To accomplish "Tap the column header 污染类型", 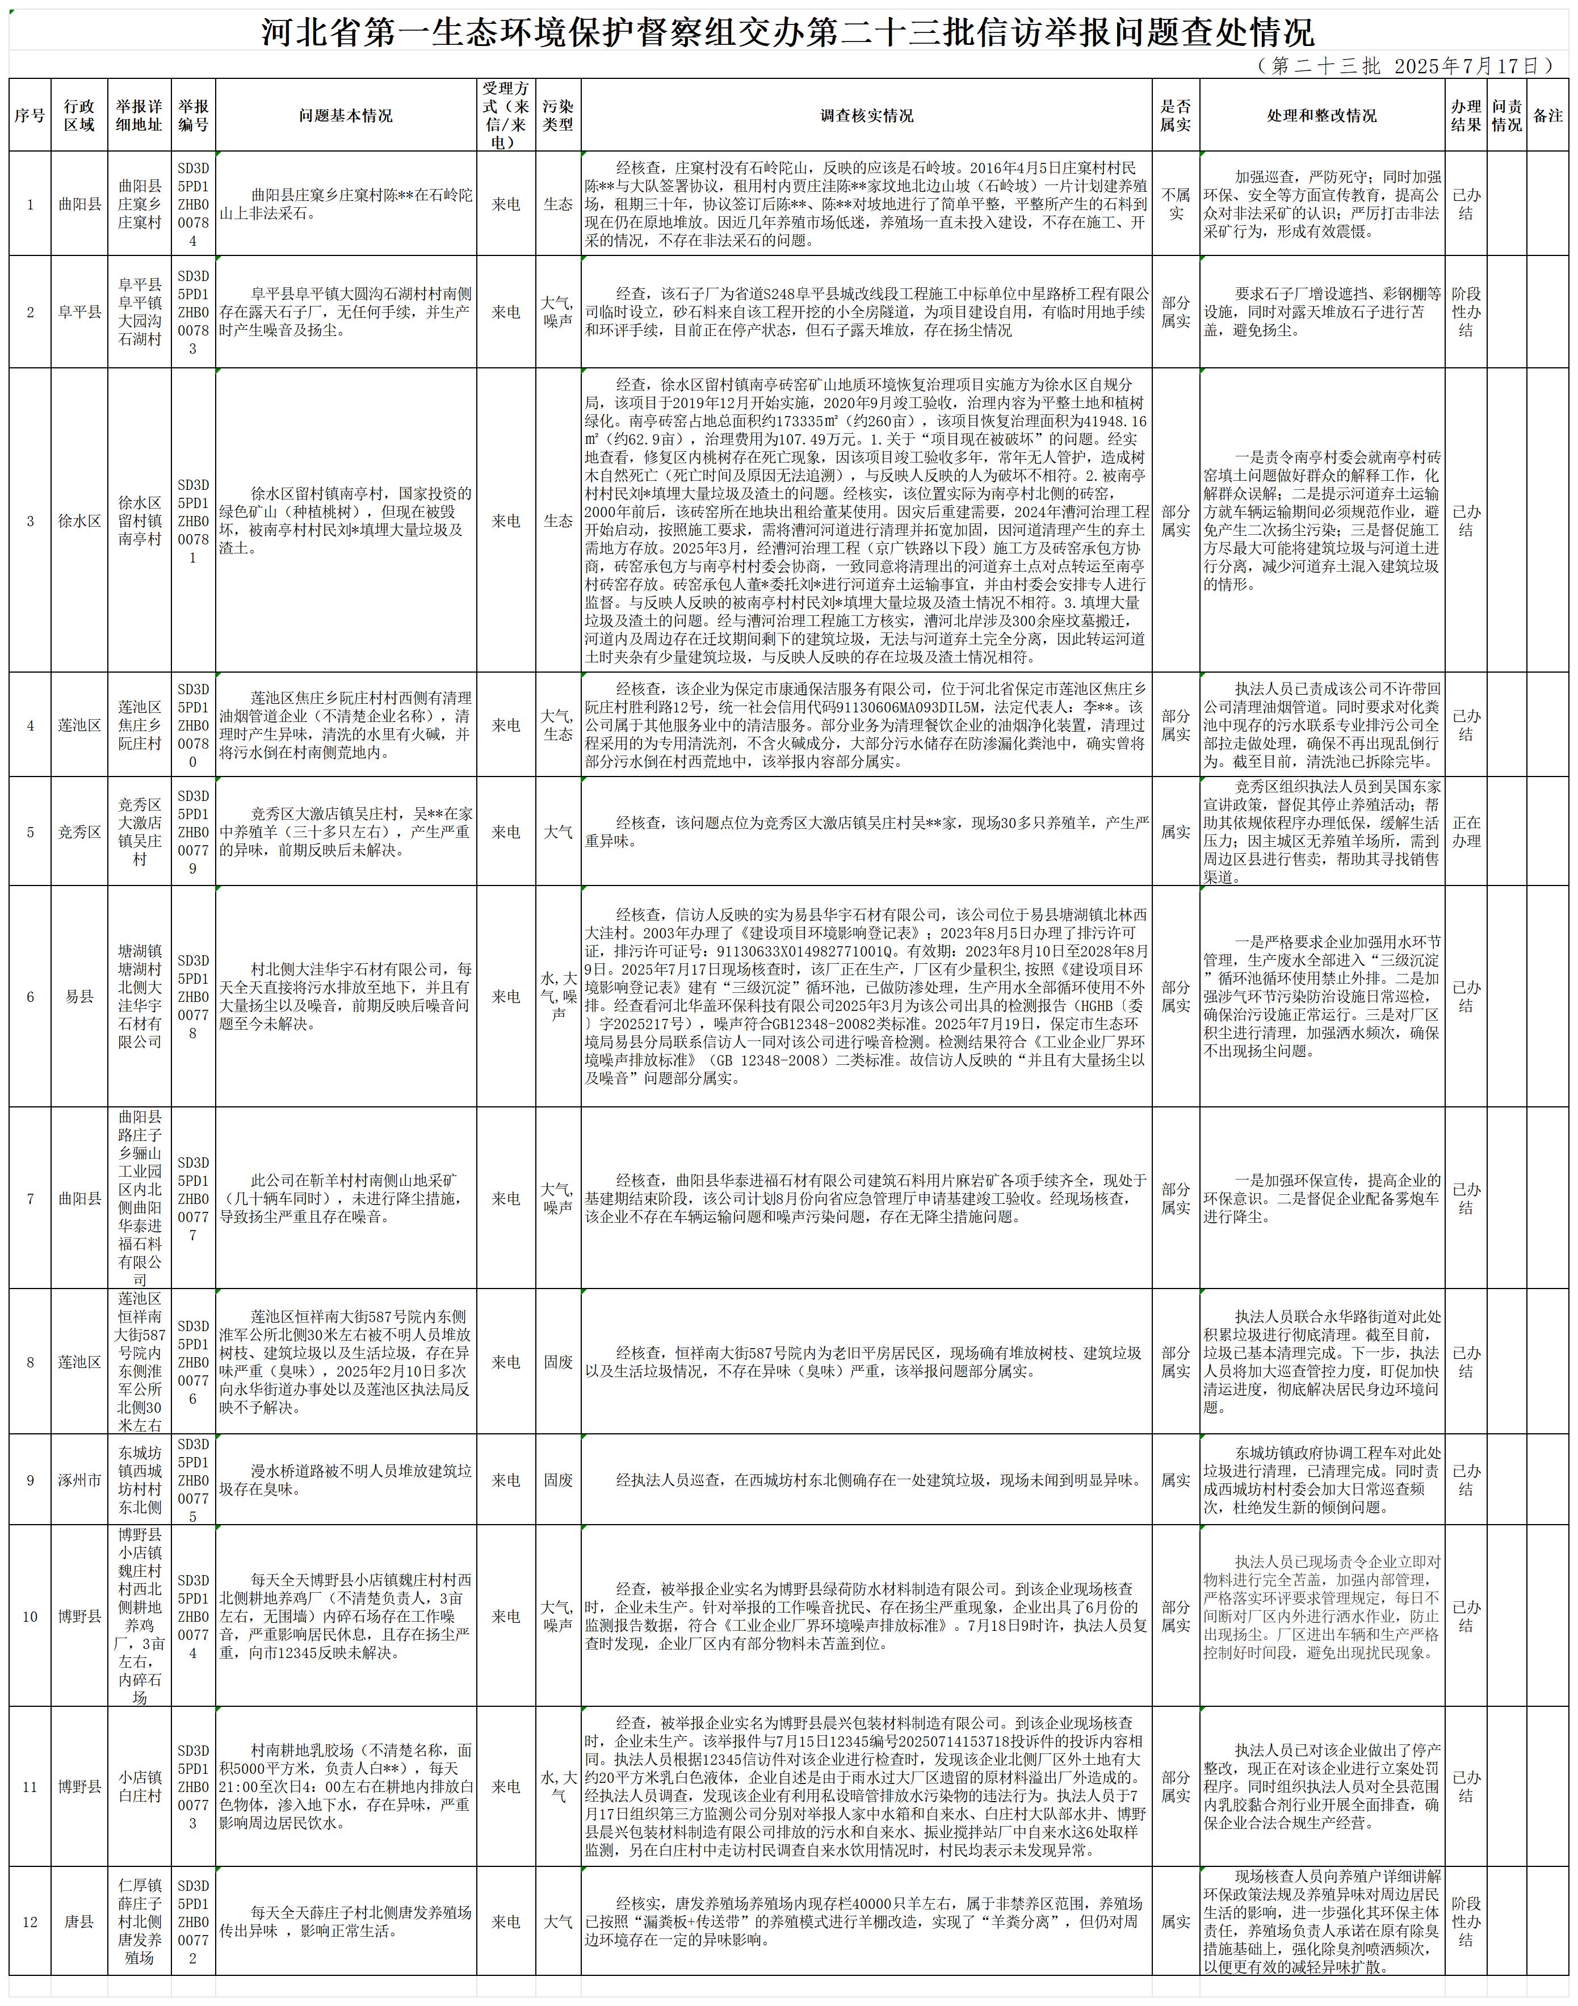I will [x=558, y=115].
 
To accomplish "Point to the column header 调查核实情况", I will [x=867, y=115].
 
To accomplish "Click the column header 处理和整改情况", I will [x=1321, y=115].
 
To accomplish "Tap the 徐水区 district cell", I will [x=79, y=521].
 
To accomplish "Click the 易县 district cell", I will [x=79, y=997].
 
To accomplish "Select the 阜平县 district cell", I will [x=79, y=312].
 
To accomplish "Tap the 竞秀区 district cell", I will [x=79, y=832].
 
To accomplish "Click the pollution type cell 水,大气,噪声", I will [x=558, y=997].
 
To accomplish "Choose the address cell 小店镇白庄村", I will [x=140, y=1786].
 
